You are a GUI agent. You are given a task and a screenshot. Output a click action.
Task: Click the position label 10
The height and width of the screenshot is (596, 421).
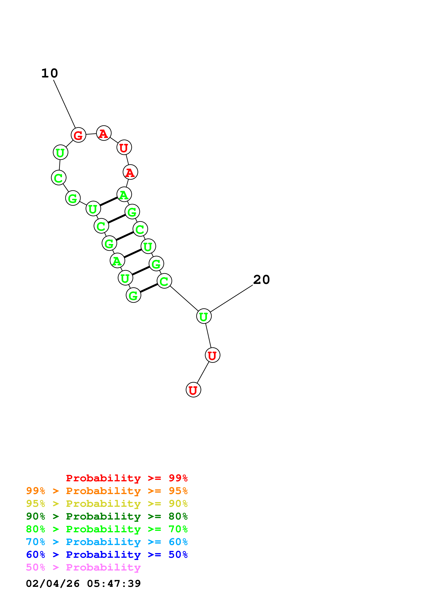(x=50, y=73)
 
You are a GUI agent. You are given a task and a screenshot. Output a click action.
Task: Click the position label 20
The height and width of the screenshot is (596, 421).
(x=262, y=280)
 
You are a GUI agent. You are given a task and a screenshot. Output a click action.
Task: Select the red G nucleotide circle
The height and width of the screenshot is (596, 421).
(x=78, y=135)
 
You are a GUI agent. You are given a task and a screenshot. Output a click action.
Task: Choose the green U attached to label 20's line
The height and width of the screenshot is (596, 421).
(x=204, y=316)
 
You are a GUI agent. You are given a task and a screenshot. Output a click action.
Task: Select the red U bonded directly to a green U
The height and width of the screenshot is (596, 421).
(x=212, y=355)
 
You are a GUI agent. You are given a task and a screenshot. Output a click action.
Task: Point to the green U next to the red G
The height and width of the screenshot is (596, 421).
(x=60, y=152)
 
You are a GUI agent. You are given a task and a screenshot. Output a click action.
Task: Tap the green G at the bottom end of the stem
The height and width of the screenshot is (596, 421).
(x=133, y=295)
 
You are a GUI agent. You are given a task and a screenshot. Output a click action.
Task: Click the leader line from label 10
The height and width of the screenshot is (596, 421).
(x=64, y=104)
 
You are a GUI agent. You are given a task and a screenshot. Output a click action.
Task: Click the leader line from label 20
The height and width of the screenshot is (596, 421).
(x=231, y=299)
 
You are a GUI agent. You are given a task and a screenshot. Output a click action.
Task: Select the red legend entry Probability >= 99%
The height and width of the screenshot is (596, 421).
(x=127, y=478)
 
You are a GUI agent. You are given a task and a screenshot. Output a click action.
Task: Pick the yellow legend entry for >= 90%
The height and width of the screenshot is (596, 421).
(x=107, y=504)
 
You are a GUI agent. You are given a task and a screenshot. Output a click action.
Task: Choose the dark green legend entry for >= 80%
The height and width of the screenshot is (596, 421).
(x=107, y=516)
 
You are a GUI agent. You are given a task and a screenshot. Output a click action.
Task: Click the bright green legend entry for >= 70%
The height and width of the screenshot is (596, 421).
(x=107, y=529)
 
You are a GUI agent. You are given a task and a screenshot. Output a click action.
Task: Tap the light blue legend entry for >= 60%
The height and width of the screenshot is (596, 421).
(x=107, y=542)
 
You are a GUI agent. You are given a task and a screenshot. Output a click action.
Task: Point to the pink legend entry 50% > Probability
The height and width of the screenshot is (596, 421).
(x=83, y=567)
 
